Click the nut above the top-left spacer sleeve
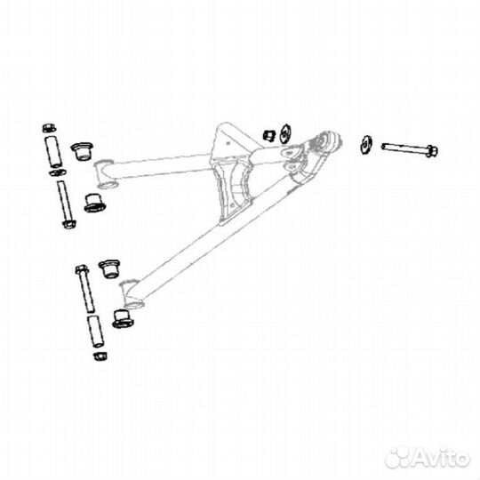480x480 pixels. [49, 128]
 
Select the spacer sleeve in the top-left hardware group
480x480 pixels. [53, 151]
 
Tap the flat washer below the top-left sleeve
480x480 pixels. [57, 172]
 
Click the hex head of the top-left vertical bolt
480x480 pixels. [69, 224]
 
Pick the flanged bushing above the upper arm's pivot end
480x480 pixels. [82, 151]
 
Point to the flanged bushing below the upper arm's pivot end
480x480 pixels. [94, 204]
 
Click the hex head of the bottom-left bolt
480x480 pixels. [82, 269]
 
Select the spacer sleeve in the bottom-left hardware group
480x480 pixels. [95, 332]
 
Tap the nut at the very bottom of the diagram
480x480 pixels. [100, 356]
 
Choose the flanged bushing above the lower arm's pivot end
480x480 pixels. [109, 269]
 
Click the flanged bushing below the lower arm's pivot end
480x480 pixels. [123, 319]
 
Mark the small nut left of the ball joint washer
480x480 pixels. [269, 136]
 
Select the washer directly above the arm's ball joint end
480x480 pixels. [285, 133]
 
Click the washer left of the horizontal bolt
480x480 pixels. [366, 145]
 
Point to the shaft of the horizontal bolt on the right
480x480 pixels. [404, 148]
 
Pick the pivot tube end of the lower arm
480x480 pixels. [131, 294]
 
